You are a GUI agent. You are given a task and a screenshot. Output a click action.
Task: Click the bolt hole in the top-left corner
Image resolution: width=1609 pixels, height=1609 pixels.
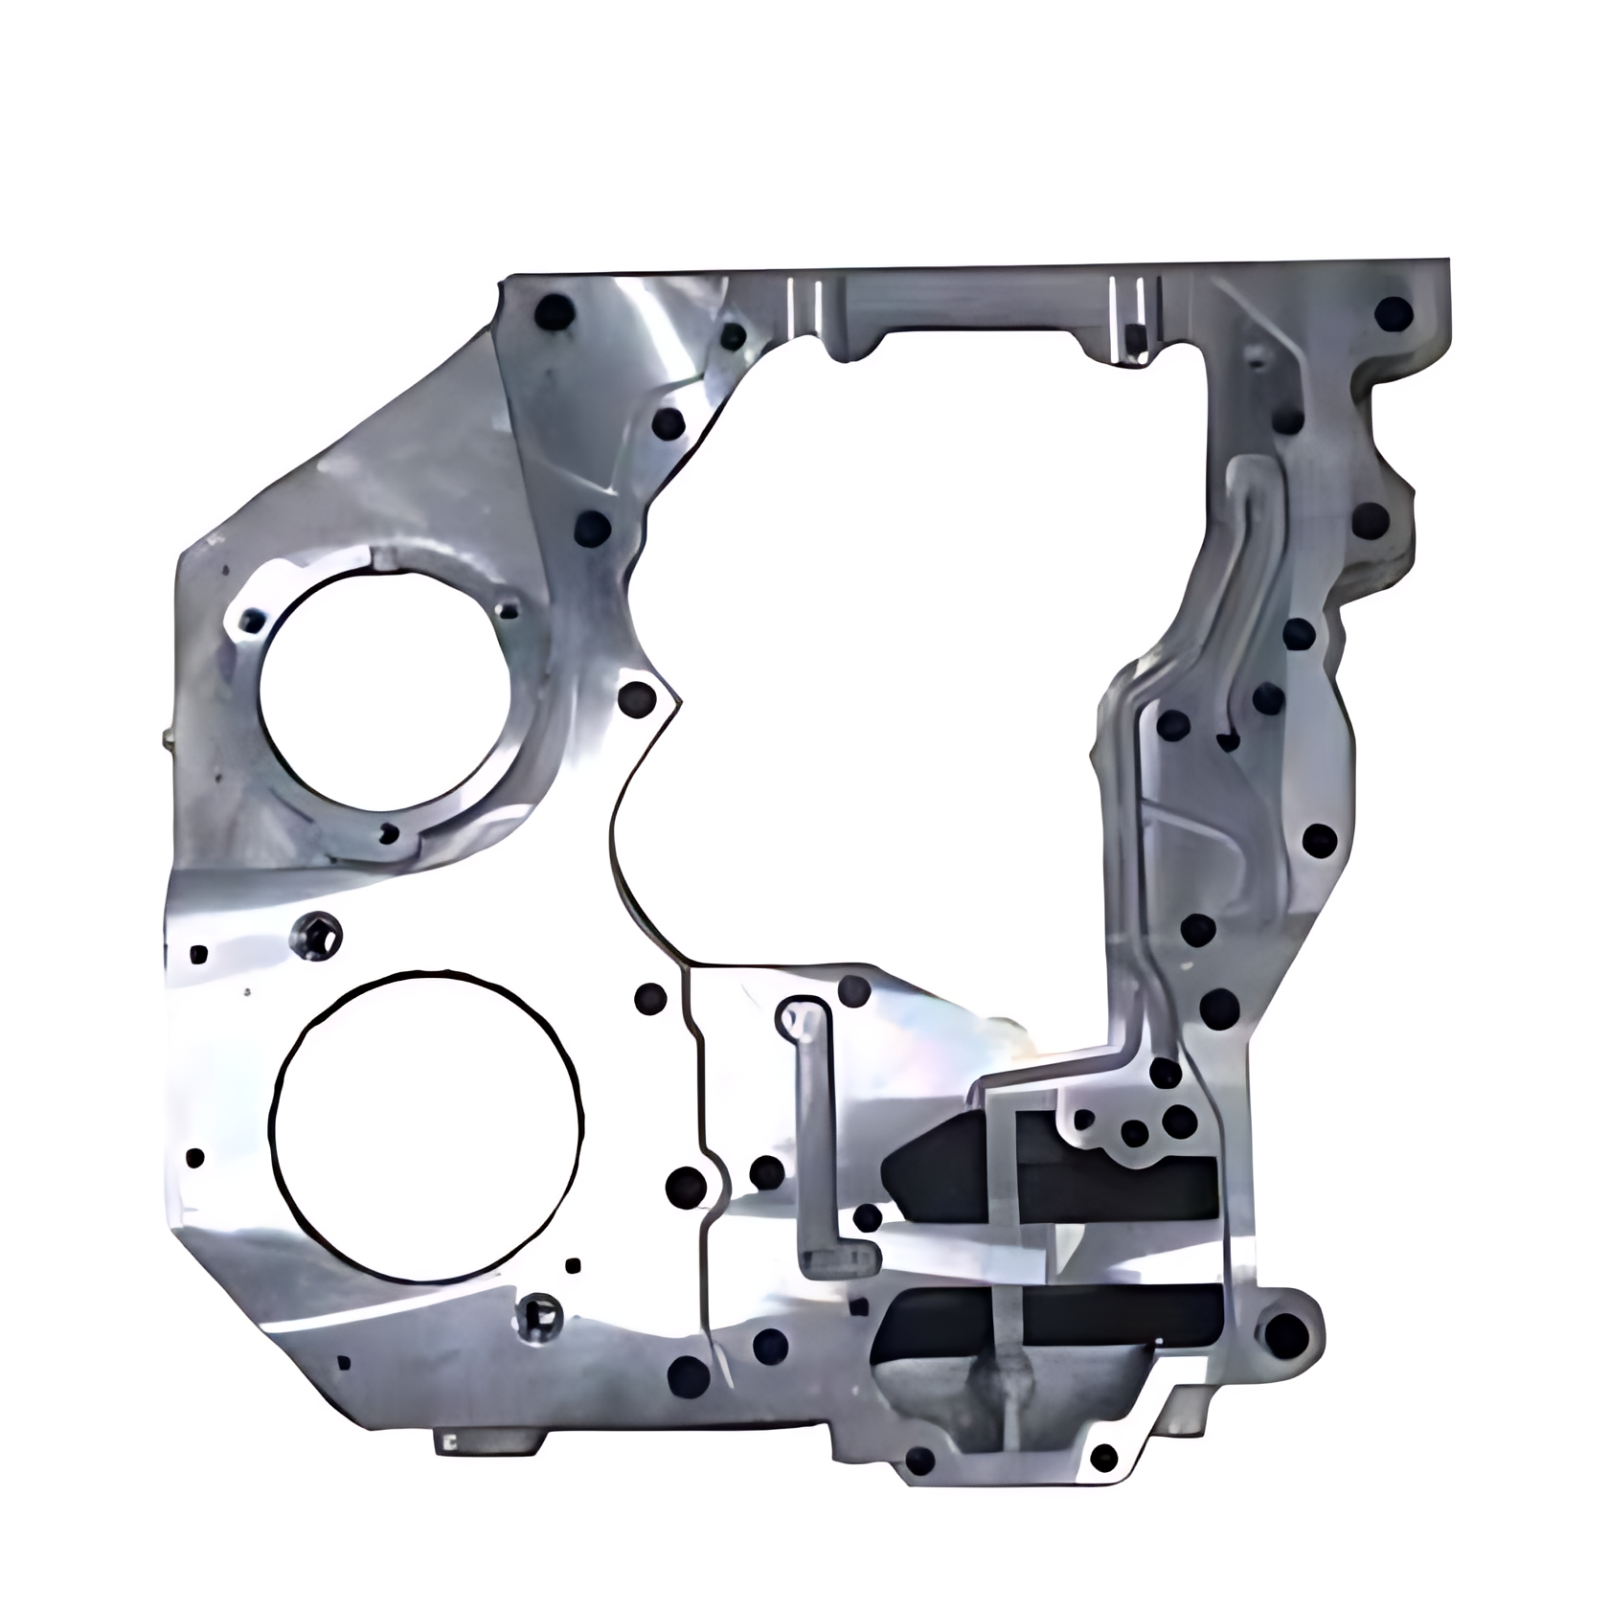(553, 311)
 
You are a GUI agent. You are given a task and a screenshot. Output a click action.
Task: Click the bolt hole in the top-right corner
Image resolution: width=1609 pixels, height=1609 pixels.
(1393, 313)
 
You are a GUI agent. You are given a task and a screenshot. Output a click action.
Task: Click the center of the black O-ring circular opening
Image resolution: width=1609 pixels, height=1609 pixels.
(428, 1127)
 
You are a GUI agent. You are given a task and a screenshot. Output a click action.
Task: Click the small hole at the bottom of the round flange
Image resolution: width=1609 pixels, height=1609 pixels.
(388, 833)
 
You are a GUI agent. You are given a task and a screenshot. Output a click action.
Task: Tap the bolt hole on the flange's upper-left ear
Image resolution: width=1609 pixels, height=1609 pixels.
(253, 623)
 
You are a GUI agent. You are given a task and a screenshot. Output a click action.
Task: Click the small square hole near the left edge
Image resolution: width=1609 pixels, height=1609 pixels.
(199, 954)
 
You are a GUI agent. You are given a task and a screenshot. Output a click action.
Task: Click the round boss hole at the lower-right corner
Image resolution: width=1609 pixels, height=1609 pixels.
(1286, 1332)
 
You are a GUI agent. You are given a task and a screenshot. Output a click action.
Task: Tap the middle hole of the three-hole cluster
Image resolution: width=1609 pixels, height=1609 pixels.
(1134, 1134)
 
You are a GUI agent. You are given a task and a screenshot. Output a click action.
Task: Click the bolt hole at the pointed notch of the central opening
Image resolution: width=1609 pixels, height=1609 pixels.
(636, 698)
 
